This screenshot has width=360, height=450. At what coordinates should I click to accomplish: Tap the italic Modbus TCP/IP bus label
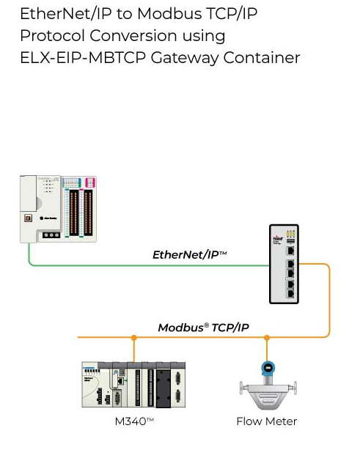(204, 327)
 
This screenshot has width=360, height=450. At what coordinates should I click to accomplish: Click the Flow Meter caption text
(267, 421)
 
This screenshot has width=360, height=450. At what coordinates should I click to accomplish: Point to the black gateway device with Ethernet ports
(287, 265)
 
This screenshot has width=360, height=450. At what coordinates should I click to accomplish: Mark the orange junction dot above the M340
(133, 338)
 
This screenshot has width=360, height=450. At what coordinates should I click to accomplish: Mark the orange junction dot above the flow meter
(268, 338)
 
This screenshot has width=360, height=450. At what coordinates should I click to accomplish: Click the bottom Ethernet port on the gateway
(290, 292)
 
